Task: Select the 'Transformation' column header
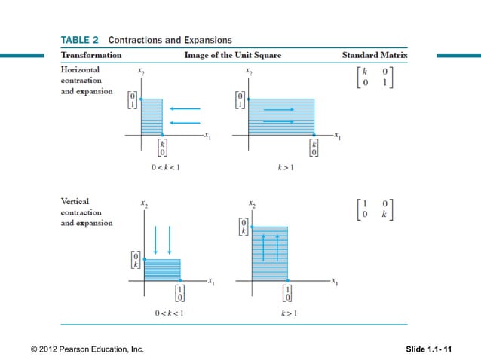[91, 55]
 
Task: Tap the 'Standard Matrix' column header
[375, 55]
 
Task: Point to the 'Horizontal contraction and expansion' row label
[87, 81]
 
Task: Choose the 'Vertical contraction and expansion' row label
[87, 212]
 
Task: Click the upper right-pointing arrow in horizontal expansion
[279, 108]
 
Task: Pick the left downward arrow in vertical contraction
[155, 239]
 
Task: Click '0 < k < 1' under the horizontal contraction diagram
[164, 167]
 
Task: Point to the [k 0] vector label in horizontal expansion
[314, 148]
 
